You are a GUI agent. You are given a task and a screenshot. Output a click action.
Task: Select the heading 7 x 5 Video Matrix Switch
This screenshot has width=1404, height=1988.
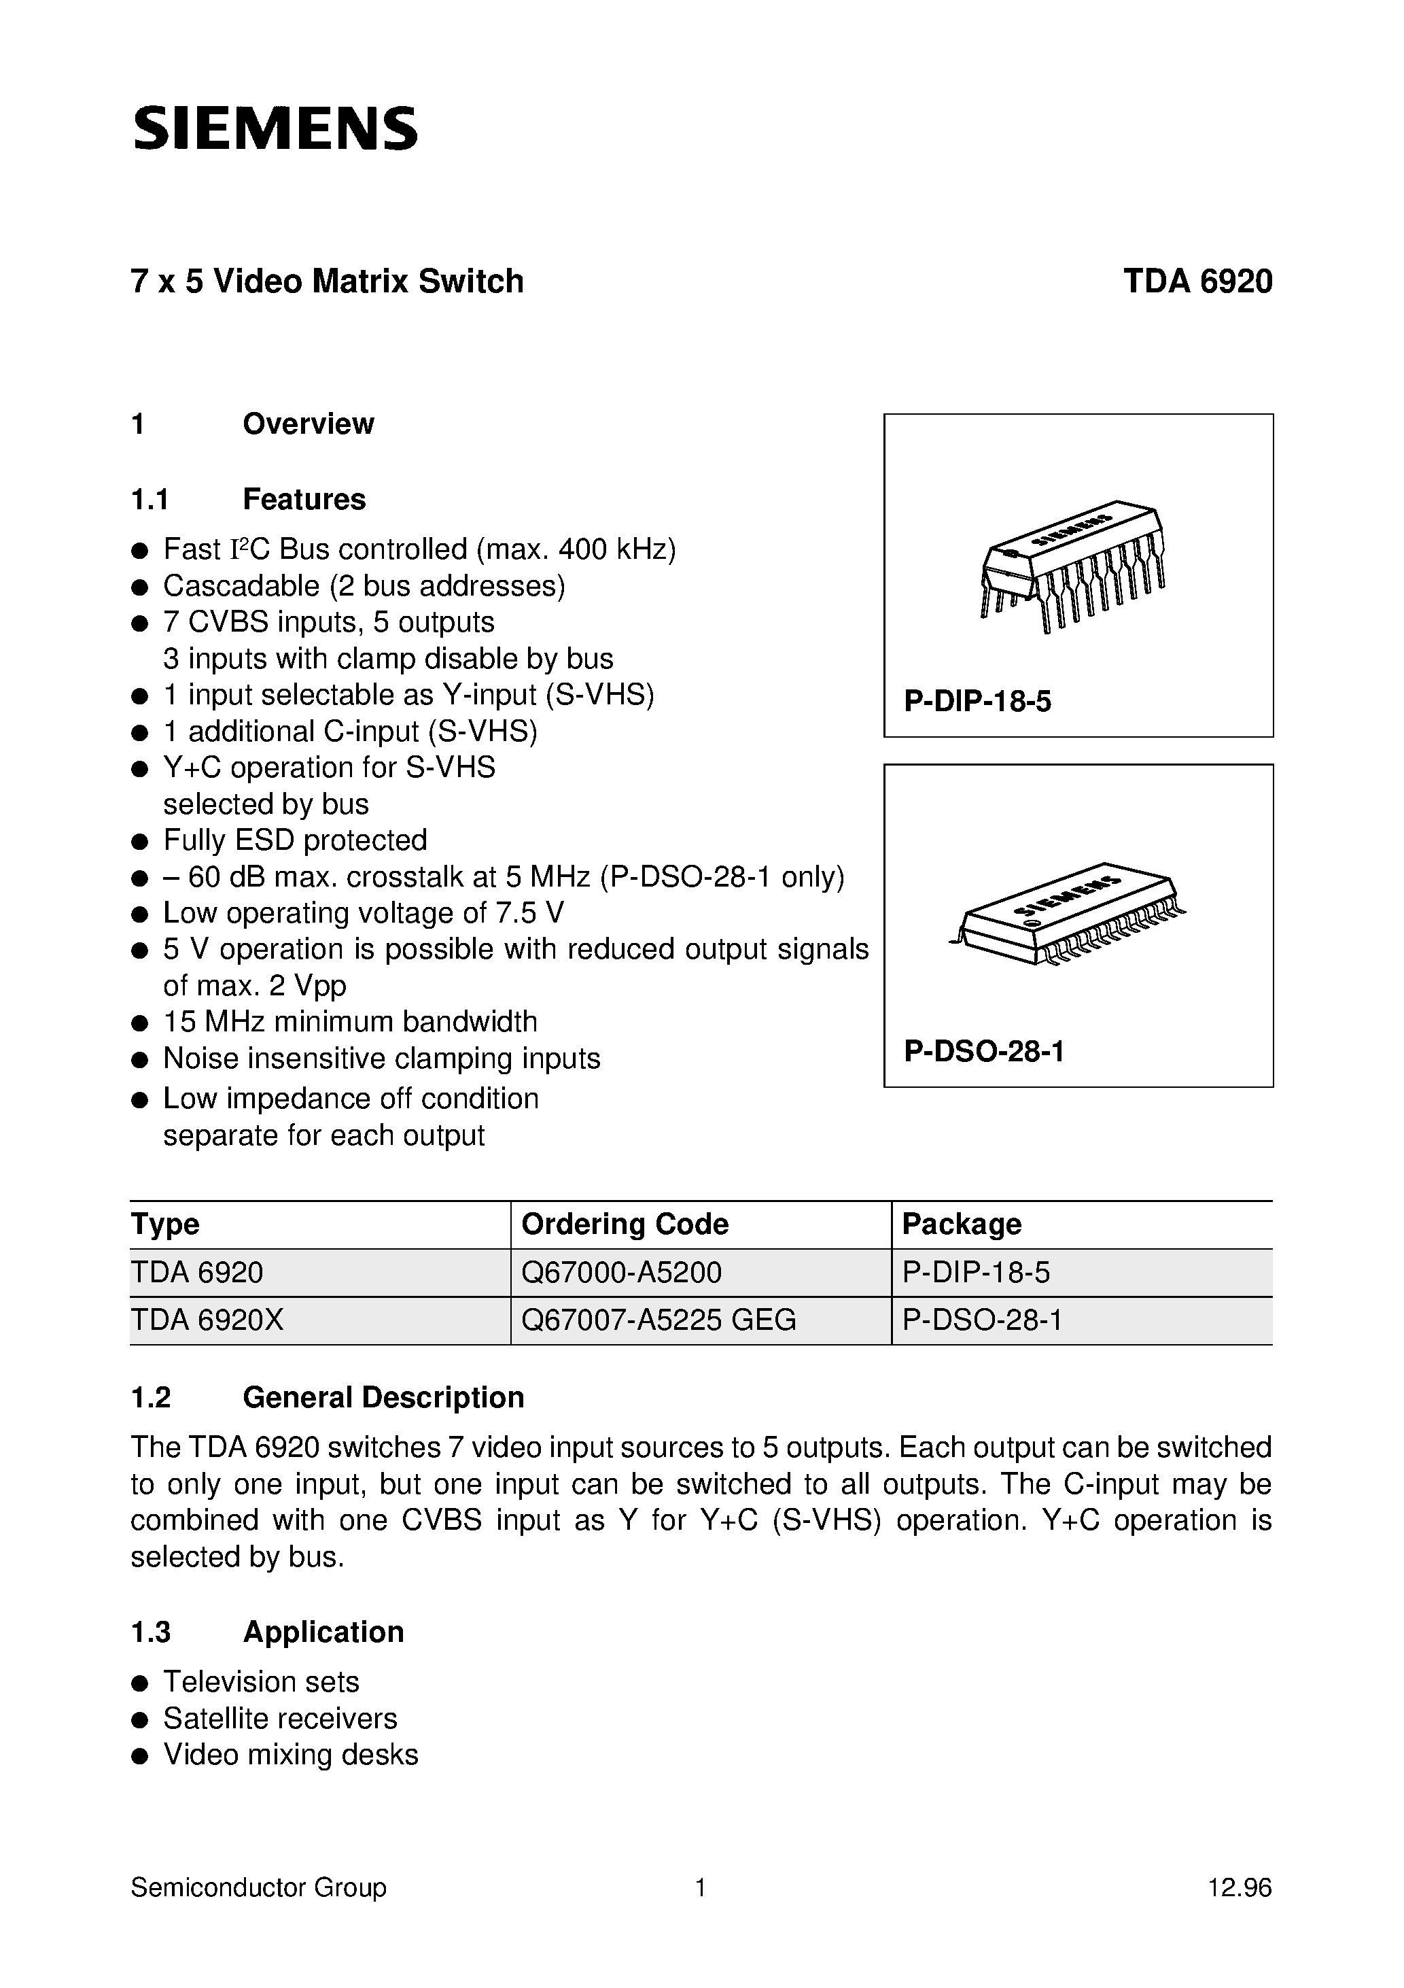pyautogui.click(x=327, y=282)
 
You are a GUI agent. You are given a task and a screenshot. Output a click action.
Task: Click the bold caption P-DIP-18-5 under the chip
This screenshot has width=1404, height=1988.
pyautogui.click(x=977, y=702)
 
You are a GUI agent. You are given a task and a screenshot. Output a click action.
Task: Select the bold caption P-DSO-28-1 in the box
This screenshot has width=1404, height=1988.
pyautogui.click(x=983, y=1051)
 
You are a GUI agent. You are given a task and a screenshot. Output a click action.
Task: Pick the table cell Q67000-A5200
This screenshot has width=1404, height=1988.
pyautogui.click(x=622, y=1272)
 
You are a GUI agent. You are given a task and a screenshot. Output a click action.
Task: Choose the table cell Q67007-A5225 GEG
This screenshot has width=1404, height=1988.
pyautogui.click(x=658, y=1320)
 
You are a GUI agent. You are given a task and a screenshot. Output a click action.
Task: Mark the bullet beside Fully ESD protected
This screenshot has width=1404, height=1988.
pyautogui.click(x=139, y=842)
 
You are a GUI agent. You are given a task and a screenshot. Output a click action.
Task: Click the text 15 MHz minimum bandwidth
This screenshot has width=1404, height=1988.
pyautogui.click(x=350, y=1022)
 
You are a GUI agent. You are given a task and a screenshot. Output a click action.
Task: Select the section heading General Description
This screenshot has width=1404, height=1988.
pyautogui.click(x=383, y=1397)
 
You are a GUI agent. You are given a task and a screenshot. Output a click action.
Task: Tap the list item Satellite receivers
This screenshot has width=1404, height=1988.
pyautogui.click(x=279, y=1718)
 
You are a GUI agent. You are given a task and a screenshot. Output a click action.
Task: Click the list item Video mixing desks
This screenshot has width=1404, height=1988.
pyautogui.click(x=290, y=1754)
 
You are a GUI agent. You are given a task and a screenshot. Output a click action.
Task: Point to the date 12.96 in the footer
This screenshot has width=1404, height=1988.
pyautogui.click(x=1240, y=1887)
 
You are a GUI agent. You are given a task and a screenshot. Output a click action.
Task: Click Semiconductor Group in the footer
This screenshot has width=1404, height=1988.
pyautogui.click(x=258, y=1887)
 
